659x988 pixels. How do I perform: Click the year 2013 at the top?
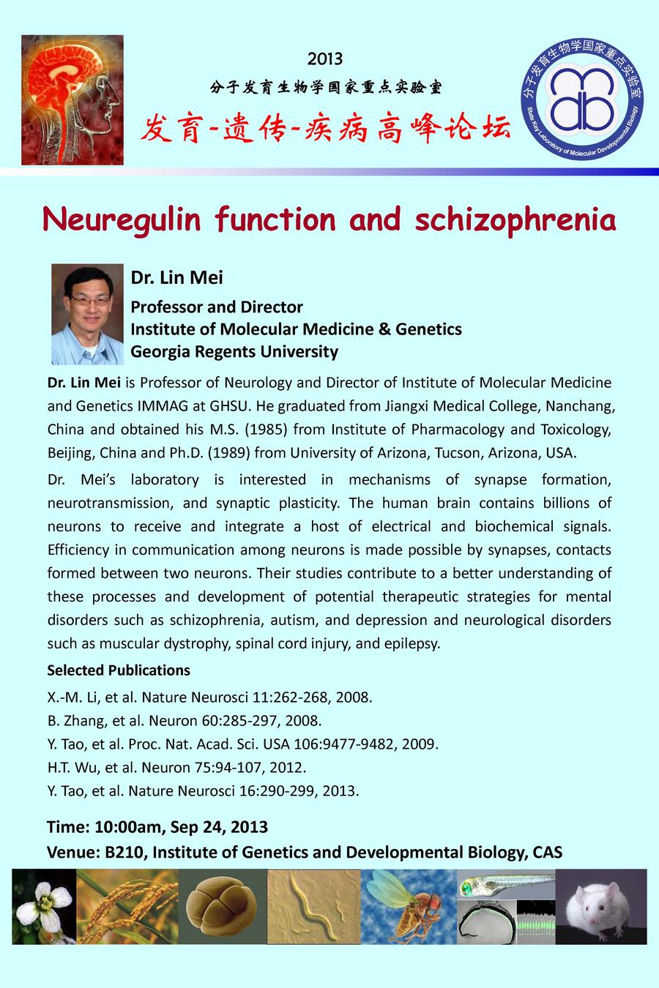coord(325,59)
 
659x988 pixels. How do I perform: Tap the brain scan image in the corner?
coord(72,100)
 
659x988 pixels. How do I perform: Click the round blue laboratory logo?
coord(581,99)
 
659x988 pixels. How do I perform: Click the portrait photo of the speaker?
coord(87,314)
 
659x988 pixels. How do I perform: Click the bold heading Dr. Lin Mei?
coord(176,278)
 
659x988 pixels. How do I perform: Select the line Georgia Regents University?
coord(234,351)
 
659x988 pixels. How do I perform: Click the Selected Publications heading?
coord(119,670)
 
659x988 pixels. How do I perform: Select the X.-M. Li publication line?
coord(210,697)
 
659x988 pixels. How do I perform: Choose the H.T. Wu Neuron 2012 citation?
coord(176,767)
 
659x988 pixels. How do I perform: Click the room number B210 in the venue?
coord(125,852)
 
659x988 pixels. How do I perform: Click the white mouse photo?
coord(601,906)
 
